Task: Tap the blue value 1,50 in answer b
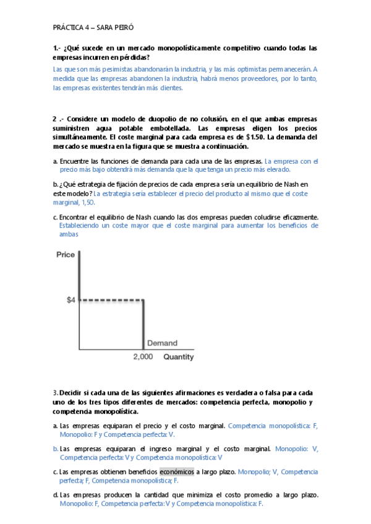click(x=87, y=202)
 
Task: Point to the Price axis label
click(x=66, y=255)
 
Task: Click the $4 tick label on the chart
click(x=71, y=300)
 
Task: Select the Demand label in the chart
click(x=162, y=343)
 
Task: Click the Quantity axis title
click(x=178, y=357)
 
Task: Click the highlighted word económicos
click(x=177, y=471)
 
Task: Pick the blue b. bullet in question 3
click(x=55, y=449)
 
